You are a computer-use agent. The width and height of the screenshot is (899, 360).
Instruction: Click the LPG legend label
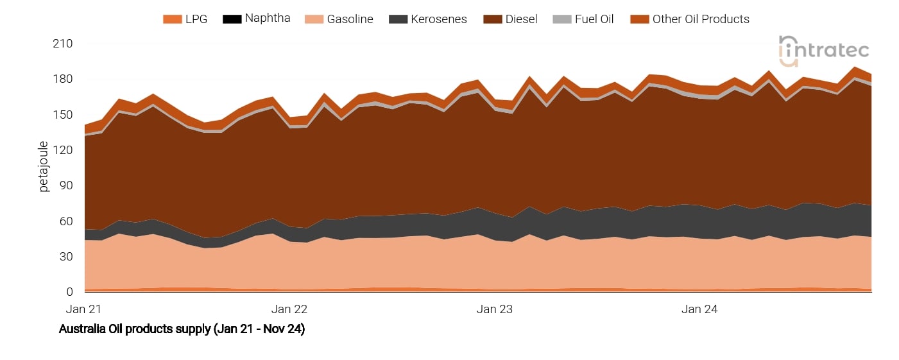tap(196, 19)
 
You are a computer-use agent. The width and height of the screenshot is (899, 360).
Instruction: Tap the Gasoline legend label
tap(350, 19)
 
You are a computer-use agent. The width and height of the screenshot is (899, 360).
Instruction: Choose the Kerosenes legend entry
tap(438, 19)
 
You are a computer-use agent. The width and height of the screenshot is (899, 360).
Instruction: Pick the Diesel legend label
tap(520, 19)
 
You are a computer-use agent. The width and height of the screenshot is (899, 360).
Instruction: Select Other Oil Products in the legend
tap(701, 19)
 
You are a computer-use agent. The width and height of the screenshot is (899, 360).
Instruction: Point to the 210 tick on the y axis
tap(63, 44)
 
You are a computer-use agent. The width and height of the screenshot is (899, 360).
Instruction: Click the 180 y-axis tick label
tap(63, 79)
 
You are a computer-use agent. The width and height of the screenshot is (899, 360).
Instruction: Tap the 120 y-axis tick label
tap(63, 150)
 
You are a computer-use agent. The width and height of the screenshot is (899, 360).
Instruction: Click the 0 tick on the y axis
tap(70, 292)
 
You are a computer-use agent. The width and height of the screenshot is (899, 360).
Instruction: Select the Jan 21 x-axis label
tap(84, 309)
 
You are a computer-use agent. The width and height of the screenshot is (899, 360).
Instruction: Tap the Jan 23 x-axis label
tap(495, 309)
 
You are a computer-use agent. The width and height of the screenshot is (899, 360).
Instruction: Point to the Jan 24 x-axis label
tap(699, 309)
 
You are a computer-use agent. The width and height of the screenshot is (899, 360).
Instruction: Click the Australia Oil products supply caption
tap(182, 330)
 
